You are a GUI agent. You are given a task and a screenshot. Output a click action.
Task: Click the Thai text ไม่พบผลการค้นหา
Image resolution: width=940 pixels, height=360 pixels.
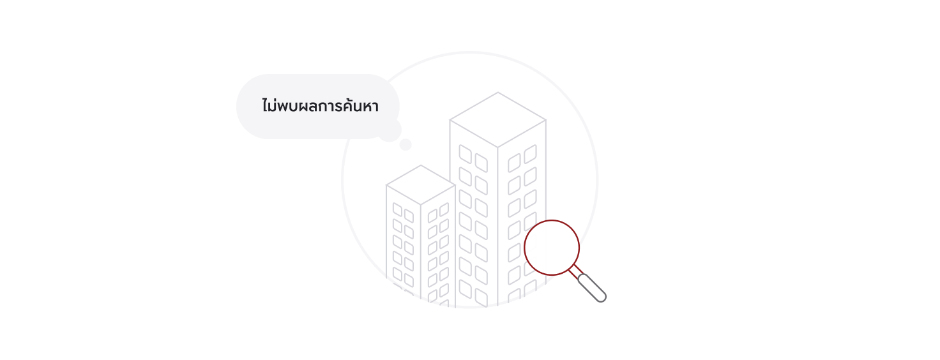pos(320,106)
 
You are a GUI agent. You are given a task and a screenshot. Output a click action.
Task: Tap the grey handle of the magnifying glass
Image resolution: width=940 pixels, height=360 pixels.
pos(592,288)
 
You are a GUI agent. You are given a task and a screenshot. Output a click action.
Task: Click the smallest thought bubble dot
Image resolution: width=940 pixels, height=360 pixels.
pos(406,144)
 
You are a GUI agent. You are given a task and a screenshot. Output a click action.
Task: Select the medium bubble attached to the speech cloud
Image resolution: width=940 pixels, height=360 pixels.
pos(390,130)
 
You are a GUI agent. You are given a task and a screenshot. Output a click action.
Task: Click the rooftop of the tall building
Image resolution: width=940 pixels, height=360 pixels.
pos(497,119)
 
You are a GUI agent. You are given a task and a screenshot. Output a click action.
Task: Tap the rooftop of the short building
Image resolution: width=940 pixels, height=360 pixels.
pos(421,184)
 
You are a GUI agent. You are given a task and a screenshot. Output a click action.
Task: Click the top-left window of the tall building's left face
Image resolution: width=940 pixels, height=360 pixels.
pos(465,154)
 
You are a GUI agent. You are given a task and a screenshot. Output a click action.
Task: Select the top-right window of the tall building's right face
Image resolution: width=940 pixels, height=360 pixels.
pos(531,154)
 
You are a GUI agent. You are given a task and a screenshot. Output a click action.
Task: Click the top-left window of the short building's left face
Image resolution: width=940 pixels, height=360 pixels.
pos(397,209)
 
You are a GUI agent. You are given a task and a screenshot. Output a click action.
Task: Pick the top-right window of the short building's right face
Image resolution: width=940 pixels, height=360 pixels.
pos(444,209)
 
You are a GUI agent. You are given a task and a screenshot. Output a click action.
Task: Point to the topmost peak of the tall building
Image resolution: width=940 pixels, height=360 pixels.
pos(498,93)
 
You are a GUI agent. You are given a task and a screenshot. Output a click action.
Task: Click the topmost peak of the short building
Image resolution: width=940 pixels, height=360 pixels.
pos(421,165)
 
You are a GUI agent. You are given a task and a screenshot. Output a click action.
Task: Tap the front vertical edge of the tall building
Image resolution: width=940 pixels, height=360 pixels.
pos(497,227)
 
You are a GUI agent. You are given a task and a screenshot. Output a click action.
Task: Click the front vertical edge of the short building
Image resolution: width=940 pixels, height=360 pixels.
pos(421,251)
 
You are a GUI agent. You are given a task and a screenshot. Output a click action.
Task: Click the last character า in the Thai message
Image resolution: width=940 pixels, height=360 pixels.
pos(375,107)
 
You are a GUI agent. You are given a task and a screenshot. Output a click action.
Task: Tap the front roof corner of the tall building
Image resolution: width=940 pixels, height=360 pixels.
pos(497,147)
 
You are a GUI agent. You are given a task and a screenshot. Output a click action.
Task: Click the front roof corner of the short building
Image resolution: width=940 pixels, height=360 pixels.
pos(421,205)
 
